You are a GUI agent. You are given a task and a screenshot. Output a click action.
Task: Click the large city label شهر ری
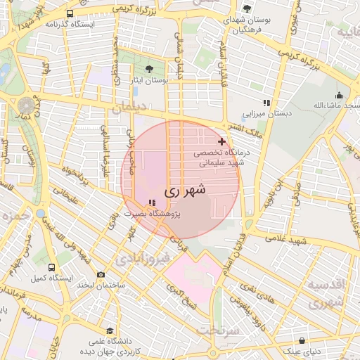click(x=185, y=191)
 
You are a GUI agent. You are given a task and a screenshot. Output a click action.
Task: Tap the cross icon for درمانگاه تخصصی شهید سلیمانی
click(x=222, y=141)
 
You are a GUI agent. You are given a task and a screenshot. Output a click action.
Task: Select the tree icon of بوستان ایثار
click(x=148, y=69)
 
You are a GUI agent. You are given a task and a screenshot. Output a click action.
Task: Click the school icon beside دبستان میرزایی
click(x=266, y=103)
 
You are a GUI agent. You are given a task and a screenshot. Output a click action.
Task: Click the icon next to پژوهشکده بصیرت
click(x=152, y=202)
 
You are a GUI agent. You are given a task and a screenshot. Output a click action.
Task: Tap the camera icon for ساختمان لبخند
click(x=101, y=274)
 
